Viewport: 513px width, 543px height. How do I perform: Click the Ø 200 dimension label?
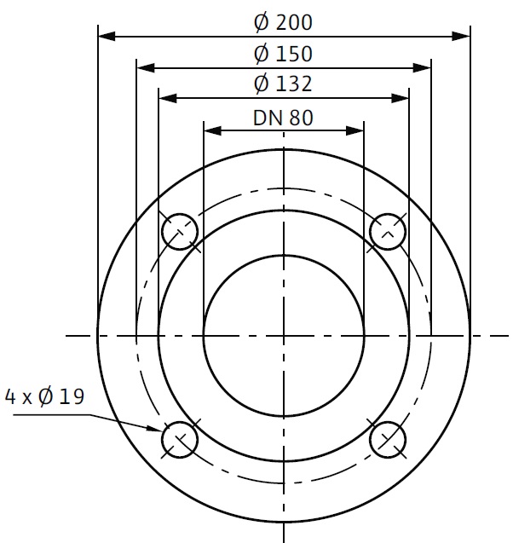tap(283, 22)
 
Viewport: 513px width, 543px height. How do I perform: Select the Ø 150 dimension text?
tap(283, 54)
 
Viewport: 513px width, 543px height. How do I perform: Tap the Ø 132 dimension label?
tap(283, 84)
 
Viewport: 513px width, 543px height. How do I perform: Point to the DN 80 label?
tap(283, 118)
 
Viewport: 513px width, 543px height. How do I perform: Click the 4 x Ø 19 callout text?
tap(44, 396)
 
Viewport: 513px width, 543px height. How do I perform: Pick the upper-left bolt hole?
tap(180, 232)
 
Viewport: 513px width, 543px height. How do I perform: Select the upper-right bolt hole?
tap(388, 232)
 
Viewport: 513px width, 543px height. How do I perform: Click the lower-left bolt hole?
tap(180, 440)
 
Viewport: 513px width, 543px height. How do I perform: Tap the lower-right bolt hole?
tap(388, 440)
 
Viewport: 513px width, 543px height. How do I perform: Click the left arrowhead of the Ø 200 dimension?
tap(107, 36)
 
